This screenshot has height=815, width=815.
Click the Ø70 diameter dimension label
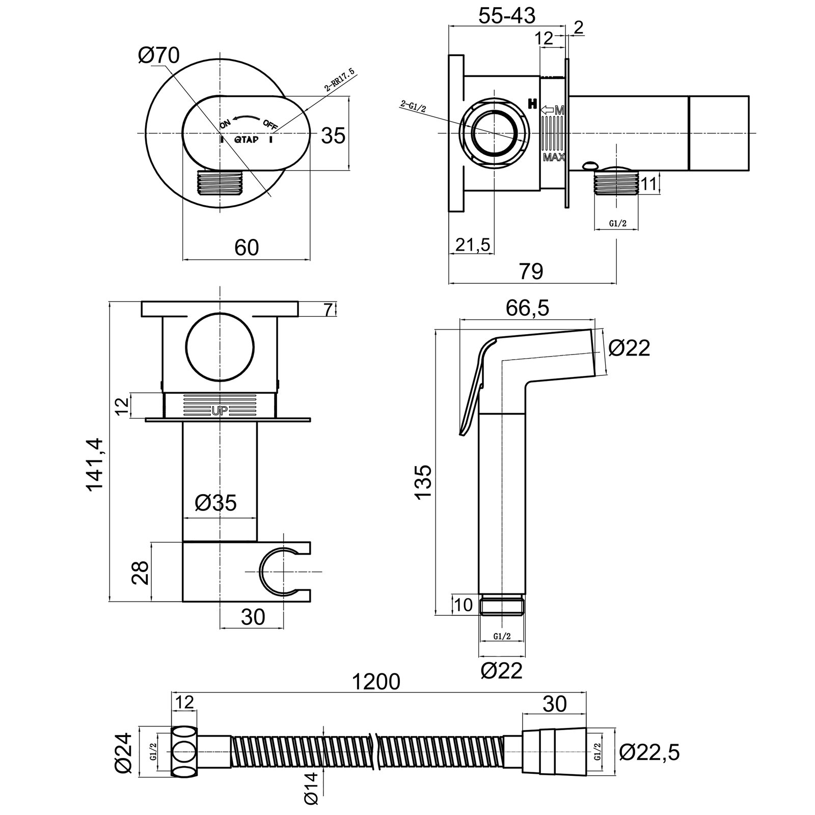[x=159, y=56]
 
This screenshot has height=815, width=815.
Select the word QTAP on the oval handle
[x=246, y=140]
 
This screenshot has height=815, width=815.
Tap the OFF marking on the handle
[x=270, y=124]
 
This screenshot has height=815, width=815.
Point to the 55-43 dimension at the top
[x=507, y=16]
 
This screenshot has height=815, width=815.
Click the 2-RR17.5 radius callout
[x=340, y=81]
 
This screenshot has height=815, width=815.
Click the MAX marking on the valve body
[x=554, y=157]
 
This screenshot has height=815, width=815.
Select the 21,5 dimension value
[x=473, y=245]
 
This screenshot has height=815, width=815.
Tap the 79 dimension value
[x=531, y=271]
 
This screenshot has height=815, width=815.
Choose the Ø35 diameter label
[x=216, y=503]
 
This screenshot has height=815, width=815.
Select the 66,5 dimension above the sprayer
[x=528, y=309]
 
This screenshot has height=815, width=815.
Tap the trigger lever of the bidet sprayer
[x=473, y=387]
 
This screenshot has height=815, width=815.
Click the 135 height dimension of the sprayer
[x=423, y=482]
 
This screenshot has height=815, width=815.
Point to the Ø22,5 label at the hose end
[x=649, y=752]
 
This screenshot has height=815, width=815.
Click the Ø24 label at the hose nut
[x=124, y=751]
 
